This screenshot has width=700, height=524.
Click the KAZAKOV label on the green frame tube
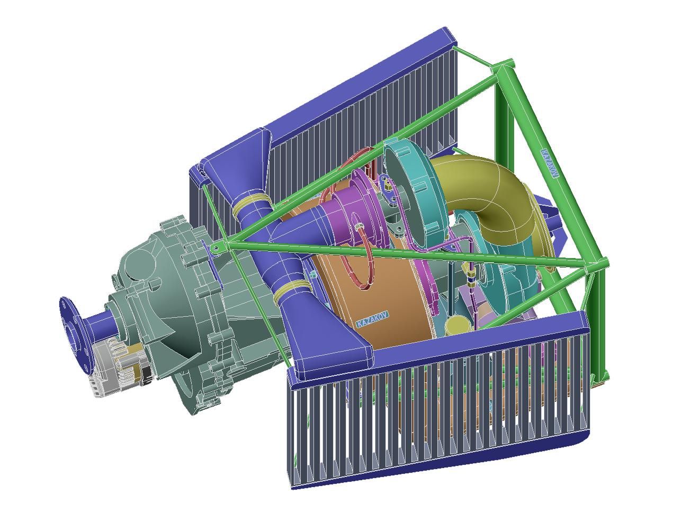[550, 163]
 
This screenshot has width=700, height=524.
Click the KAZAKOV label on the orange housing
[372, 319]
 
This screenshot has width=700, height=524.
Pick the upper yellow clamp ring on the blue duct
[252, 205]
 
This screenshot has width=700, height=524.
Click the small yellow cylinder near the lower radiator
[457, 325]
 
